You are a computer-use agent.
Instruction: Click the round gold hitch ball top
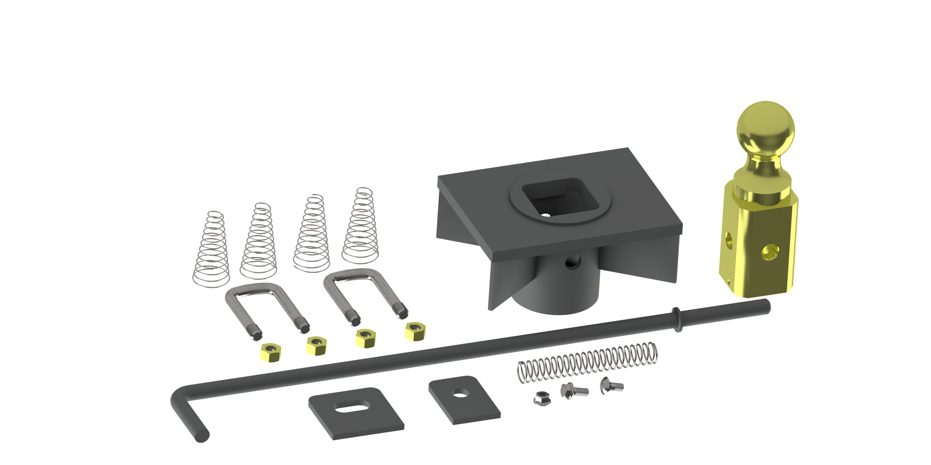(x=765, y=128)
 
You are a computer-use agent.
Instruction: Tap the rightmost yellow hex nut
(x=415, y=330)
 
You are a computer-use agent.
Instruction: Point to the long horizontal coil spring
(x=587, y=362)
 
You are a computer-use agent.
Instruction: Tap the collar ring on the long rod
(x=676, y=319)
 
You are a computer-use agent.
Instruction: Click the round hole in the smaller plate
(x=459, y=392)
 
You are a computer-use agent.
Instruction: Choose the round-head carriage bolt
(x=611, y=386)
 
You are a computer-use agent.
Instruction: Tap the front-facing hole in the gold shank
(x=770, y=252)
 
